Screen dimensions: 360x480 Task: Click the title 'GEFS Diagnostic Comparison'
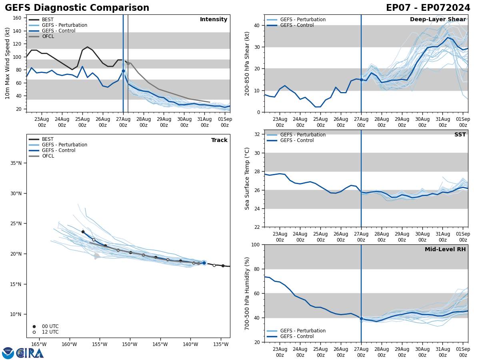77,8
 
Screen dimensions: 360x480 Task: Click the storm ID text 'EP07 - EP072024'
428,8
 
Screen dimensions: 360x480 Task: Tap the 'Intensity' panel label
214,20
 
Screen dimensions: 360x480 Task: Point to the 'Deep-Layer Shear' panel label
438,20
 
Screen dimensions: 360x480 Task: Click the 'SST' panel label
460,135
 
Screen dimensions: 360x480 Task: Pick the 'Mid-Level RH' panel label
445,250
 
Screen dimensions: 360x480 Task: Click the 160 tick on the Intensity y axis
18,18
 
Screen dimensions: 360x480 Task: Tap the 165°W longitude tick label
39,344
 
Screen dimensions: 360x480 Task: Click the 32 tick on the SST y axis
258,134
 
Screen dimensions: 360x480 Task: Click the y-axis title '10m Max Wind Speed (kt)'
8,63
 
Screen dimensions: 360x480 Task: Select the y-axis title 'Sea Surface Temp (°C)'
247,178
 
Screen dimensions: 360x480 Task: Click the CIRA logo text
30,353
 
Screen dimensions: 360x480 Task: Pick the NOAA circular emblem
8,353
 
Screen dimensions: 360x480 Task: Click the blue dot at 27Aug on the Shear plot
361,80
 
